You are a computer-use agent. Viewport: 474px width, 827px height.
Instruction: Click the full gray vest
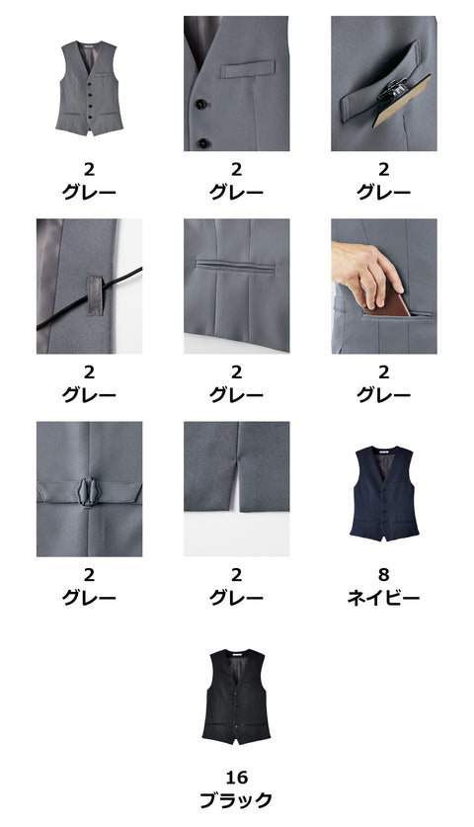point(89,88)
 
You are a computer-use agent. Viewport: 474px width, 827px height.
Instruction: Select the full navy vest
point(384,493)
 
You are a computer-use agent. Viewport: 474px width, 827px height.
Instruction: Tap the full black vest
point(236,697)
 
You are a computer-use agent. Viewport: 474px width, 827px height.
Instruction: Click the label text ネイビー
point(383,598)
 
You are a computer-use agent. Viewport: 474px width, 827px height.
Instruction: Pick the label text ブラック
point(236,800)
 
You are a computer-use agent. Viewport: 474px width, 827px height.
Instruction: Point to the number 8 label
point(383,574)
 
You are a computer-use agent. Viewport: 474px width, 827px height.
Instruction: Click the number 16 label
point(236,777)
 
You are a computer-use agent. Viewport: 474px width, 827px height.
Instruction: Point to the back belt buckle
point(89,492)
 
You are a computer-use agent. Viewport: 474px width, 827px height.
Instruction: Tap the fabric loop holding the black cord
point(95,294)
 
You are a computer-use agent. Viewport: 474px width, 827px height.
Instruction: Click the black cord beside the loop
point(90,299)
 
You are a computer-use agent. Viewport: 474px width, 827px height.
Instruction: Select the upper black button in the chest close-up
point(200,104)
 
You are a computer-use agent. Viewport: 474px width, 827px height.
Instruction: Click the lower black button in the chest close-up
point(203,143)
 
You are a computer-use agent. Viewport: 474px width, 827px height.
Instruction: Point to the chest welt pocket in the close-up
point(248,69)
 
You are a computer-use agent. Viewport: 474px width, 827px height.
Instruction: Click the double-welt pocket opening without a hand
point(236,266)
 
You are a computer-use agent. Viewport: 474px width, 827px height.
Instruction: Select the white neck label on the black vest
point(237,654)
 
